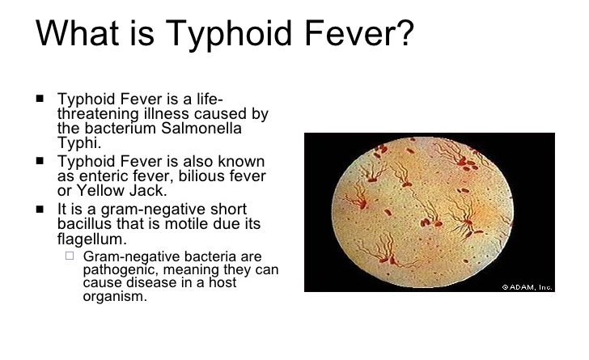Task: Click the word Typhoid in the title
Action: pyautogui.click(x=229, y=34)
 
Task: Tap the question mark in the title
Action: pyautogui.click(x=403, y=32)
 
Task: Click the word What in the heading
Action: pyautogui.click(x=78, y=32)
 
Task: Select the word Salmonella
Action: pyautogui.click(x=201, y=128)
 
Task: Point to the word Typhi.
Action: pyautogui.click(x=79, y=143)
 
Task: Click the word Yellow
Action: pyautogui.click(x=100, y=191)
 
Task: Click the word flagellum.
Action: pyautogui.click(x=92, y=239)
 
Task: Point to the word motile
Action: pyautogui.click(x=187, y=224)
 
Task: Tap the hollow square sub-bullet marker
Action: pyautogui.click(x=70, y=256)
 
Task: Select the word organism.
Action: pyautogui.click(x=115, y=296)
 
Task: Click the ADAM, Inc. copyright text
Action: pyautogui.click(x=528, y=287)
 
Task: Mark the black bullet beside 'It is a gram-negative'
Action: pyautogui.click(x=40, y=209)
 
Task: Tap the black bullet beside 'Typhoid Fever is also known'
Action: pyautogui.click(x=40, y=161)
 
